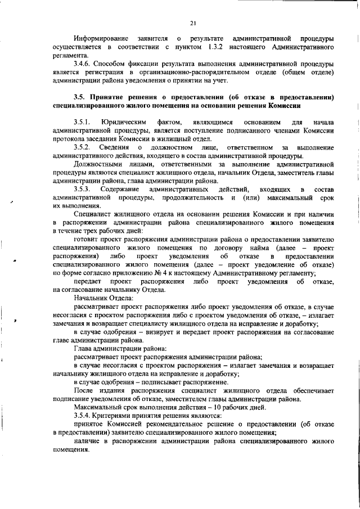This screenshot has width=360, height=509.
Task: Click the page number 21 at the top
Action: tap(192, 23)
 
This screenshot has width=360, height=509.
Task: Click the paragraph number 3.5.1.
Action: tap(82, 123)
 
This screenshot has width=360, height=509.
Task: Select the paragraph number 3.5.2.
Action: tap(83, 147)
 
